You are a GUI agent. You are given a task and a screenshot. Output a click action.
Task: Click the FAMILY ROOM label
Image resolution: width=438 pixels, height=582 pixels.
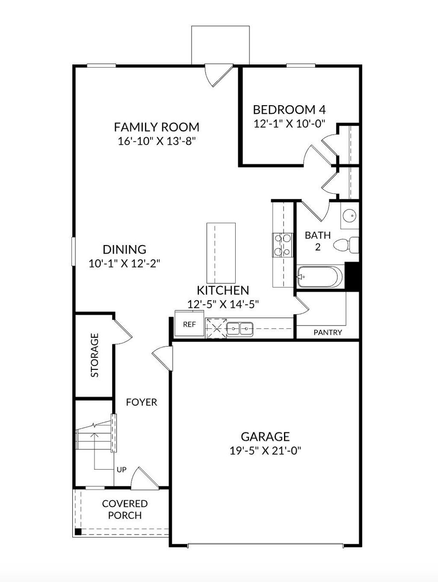point(157,127)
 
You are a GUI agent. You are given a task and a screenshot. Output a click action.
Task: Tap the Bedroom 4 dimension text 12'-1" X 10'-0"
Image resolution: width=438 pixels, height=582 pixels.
point(290,124)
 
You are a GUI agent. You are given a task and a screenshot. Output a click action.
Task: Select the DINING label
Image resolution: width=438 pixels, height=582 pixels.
point(124,249)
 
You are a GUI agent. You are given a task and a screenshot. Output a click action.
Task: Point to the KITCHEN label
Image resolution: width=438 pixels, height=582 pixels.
point(222,290)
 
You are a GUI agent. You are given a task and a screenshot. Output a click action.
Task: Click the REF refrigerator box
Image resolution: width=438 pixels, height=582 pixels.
point(189,324)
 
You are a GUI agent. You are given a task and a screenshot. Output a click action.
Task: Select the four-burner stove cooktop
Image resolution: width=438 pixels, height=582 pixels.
point(282,245)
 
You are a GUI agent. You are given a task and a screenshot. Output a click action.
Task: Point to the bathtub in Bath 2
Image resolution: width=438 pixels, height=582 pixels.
point(320,277)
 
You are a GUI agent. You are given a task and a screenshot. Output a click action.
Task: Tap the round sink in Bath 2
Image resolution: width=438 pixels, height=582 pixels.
point(350,216)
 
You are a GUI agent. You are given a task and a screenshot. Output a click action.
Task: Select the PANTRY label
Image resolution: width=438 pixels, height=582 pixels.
point(328,332)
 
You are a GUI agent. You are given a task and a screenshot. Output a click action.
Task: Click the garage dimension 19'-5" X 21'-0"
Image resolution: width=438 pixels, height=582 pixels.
point(265,451)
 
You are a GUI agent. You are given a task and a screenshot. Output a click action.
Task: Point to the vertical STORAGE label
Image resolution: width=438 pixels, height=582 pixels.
point(95,355)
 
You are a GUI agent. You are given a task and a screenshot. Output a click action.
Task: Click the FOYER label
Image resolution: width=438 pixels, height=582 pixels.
point(142,402)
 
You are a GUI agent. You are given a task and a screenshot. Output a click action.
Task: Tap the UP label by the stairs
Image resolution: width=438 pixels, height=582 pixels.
point(121,470)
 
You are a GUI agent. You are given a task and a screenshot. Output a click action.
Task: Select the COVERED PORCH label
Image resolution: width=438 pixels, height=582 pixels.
point(125,509)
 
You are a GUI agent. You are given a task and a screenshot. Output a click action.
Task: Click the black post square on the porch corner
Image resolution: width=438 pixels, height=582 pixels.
point(78,532)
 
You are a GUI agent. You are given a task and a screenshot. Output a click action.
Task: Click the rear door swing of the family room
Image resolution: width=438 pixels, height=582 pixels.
point(217,76)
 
